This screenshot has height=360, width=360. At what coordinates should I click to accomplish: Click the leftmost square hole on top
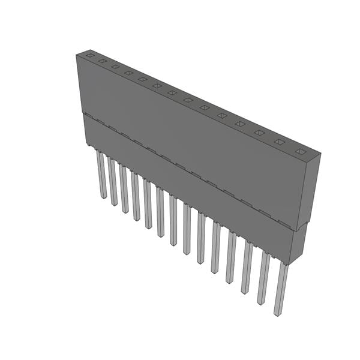pos(90,56)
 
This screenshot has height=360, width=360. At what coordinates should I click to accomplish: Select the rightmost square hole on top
pos(299,151)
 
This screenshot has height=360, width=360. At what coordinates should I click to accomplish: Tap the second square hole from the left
pos(103,61)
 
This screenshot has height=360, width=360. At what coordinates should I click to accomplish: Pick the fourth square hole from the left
pos(128,73)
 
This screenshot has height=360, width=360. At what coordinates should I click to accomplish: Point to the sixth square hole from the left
pos(157,86)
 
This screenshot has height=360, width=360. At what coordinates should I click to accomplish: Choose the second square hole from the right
pos(279,142)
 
